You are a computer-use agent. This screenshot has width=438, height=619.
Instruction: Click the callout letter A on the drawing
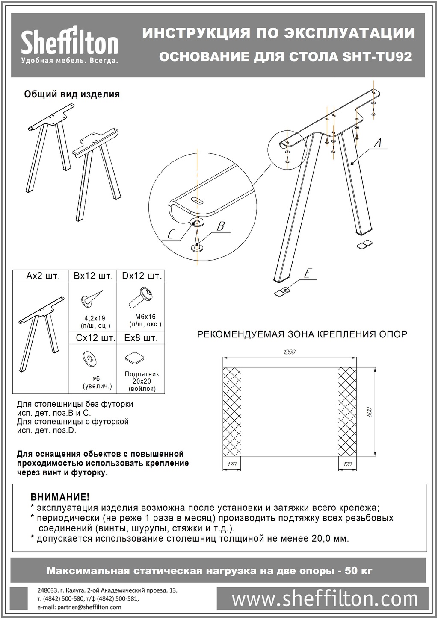click(377, 144)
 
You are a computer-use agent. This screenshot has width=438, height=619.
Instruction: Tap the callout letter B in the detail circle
click(220, 226)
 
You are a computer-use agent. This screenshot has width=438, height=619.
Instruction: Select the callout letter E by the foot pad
click(307, 273)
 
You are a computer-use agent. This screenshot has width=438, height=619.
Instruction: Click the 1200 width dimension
click(289, 352)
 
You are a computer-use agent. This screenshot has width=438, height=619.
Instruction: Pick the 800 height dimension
click(370, 411)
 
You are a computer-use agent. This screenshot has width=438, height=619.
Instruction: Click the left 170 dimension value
click(232, 464)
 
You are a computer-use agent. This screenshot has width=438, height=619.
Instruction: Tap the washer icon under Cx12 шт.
click(90, 358)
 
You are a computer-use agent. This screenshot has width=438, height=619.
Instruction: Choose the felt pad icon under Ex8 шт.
click(133, 358)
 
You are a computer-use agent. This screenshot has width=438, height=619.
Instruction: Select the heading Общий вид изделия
click(72, 94)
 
